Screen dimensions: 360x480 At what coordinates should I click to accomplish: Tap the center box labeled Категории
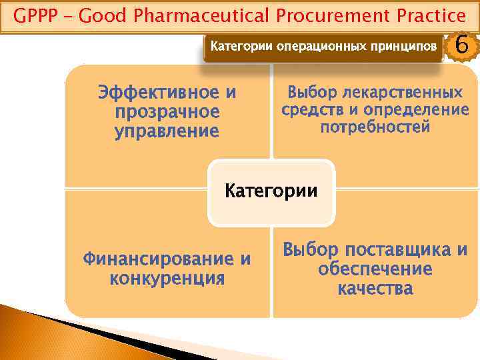(x=271, y=192)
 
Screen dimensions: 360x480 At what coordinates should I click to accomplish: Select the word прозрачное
(x=167, y=111)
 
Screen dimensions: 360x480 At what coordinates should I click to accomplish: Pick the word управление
(x=167, y=131)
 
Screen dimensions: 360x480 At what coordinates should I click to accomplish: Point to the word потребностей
(x=375, y=127)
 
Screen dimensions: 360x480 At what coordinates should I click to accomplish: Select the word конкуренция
(x=167, y=278)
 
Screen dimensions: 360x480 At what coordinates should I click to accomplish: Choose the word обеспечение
(x=375, y=269)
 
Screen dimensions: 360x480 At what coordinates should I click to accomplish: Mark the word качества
(x=375, y=289)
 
